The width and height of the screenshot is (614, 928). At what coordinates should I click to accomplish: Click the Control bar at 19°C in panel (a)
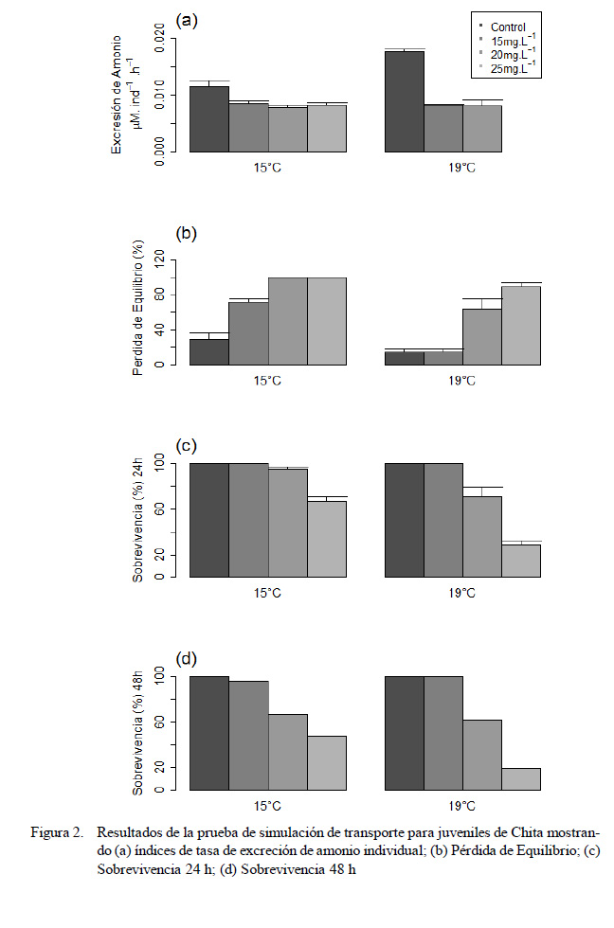coord(405,101)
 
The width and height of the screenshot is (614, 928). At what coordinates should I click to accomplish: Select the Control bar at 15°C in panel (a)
coord(209,119)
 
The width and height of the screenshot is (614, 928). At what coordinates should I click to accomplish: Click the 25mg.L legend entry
coord(515,68)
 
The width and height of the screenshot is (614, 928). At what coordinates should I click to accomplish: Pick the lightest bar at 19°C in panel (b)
coord(521,325)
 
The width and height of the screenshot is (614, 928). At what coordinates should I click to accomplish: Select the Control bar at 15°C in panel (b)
coord(209,351)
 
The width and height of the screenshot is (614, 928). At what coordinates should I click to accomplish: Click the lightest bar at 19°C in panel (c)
coord(521,561)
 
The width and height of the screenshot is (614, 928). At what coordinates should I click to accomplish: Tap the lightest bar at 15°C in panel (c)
coord(327,539)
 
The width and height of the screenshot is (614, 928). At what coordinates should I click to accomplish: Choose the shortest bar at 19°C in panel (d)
coord(521,779)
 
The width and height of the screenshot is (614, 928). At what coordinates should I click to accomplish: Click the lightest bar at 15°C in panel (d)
coord(327,763)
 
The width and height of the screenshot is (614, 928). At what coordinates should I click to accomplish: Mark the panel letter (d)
coord(188,658)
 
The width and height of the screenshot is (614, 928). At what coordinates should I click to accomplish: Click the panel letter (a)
coord(188,20)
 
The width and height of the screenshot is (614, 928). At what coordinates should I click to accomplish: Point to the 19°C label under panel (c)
coord(462,593)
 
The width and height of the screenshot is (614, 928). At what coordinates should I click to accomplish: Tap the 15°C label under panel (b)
coord(268,380)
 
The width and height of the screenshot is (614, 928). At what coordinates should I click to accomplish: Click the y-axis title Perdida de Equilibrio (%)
coord(138,310)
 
